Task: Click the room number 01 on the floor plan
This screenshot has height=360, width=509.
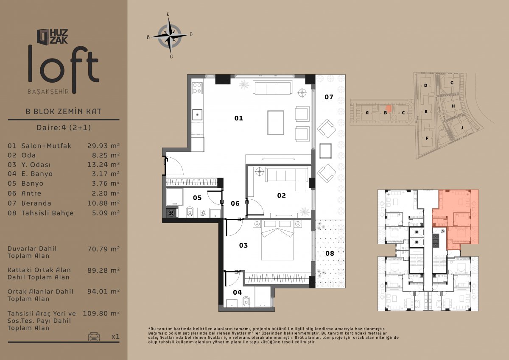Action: (x=238, y=118)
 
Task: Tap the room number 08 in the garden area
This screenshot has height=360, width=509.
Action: (x=330, y=253)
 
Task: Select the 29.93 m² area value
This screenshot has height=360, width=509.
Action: (x=103, y=145)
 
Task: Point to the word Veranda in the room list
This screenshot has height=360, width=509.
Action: (x=36, y=203)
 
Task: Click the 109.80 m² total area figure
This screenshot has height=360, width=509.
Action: (x=101, y=313)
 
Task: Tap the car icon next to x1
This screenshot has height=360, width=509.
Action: (x=94, y=336)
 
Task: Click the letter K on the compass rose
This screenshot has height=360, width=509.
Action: (x=168, y=14)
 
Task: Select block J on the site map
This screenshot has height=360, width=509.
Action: (x=462, y=128)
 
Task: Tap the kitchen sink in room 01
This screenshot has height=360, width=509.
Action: (x=198, y=115)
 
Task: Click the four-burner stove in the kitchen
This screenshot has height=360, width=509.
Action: (x=198, y=88)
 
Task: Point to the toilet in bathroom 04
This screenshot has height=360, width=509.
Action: (x=246, y=301)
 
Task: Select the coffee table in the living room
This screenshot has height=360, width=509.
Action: (x=275, y=123)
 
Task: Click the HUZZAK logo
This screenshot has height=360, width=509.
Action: (x=53, y=36)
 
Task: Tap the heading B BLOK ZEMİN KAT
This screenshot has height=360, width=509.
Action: (x=64, y=112)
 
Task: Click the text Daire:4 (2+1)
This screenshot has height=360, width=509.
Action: (x=64, y=128)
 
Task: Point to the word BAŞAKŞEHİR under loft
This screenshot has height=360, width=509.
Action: (x=48, y=92)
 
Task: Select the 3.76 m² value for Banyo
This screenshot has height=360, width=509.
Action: (x=106, y=183)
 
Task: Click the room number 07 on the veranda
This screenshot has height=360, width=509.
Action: (x=329, y=97)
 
